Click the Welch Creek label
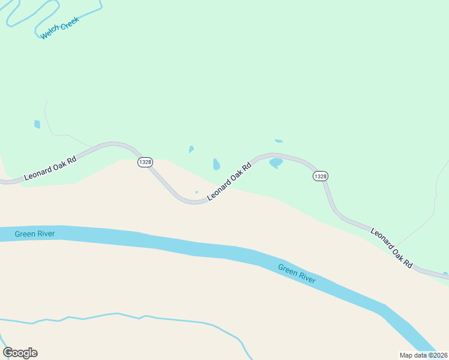point(60,28)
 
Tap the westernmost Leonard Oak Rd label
point(50,169)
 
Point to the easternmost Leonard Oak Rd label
point(392,247)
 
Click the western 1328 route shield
point(145,163)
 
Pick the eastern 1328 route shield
point(321,176)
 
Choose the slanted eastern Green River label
point(297,274)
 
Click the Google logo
point(20,353)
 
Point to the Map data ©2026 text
point(424,355)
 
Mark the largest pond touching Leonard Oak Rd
point(276,163)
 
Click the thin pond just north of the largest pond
point(279,141)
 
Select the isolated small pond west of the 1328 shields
point(37,124)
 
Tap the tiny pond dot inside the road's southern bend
point(196,192)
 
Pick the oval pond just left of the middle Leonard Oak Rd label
point(216,164)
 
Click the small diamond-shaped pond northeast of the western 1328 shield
point(191,149)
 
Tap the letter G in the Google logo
point(8,353)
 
